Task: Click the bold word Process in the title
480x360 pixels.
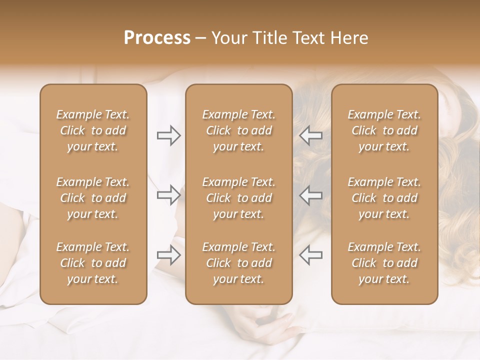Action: (x=157, y=38)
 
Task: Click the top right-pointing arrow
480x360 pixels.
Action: (x=168, y=135)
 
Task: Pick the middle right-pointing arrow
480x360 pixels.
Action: (x=168, y=195)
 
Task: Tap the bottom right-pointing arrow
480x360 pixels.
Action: (x=168, y=255)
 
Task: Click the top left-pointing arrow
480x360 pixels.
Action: (x=310, y=135)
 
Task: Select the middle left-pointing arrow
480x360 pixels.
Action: (x=310, y=195)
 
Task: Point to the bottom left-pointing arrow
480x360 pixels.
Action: (x=310, y=255)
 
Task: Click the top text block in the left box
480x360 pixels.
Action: (x=93, y=130)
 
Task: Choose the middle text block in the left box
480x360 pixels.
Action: (x=93, y=198)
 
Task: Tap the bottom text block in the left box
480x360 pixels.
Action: (x=93, y=263)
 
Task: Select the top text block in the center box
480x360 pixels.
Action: (x=238, y=130)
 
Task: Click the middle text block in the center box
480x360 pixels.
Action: (x=238, y=198)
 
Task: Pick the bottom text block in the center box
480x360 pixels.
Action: (x=238, y=263)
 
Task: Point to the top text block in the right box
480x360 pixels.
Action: (x=384, y=130)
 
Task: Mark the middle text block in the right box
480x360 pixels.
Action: (x=384, y=198)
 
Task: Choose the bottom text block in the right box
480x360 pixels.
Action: (x=384, y=263)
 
